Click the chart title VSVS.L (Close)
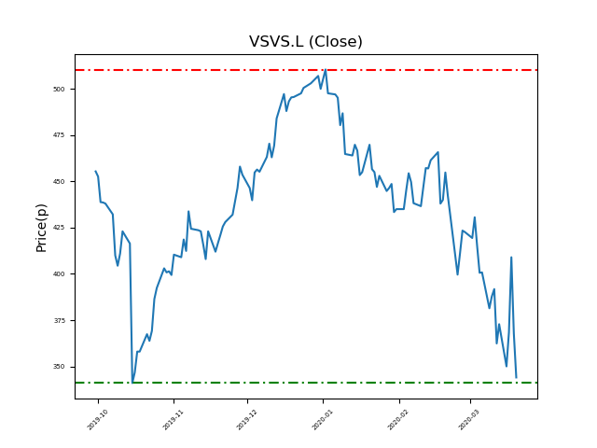click(x=305, y=42)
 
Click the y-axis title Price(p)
click(x=41, y=227)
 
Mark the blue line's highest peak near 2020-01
click(x=325, y=70)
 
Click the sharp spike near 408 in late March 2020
click(x=511, y=258)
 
